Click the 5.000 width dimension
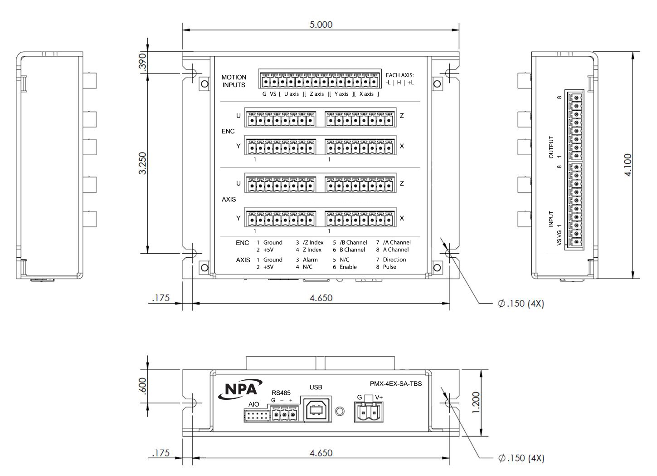click(x=321, y=25)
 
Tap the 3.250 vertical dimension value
click(x=142, y=163)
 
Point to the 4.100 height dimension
click(x=628, y=165)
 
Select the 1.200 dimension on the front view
click(x=476, y=402)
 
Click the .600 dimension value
click(x=142, y=385)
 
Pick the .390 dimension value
click(x=142, y=62)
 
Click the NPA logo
click(x=240, y=389)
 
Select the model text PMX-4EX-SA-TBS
click(x=396, y=383)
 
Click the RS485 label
click(x=281, y=393)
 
